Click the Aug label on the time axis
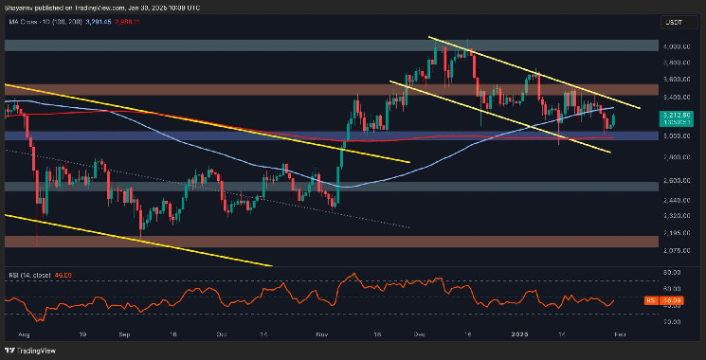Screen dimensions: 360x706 point(23,334)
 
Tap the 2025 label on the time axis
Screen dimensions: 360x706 point(518,334)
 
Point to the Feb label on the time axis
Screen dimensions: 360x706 point(641,334)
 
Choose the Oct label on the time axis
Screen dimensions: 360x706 point(221,334)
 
